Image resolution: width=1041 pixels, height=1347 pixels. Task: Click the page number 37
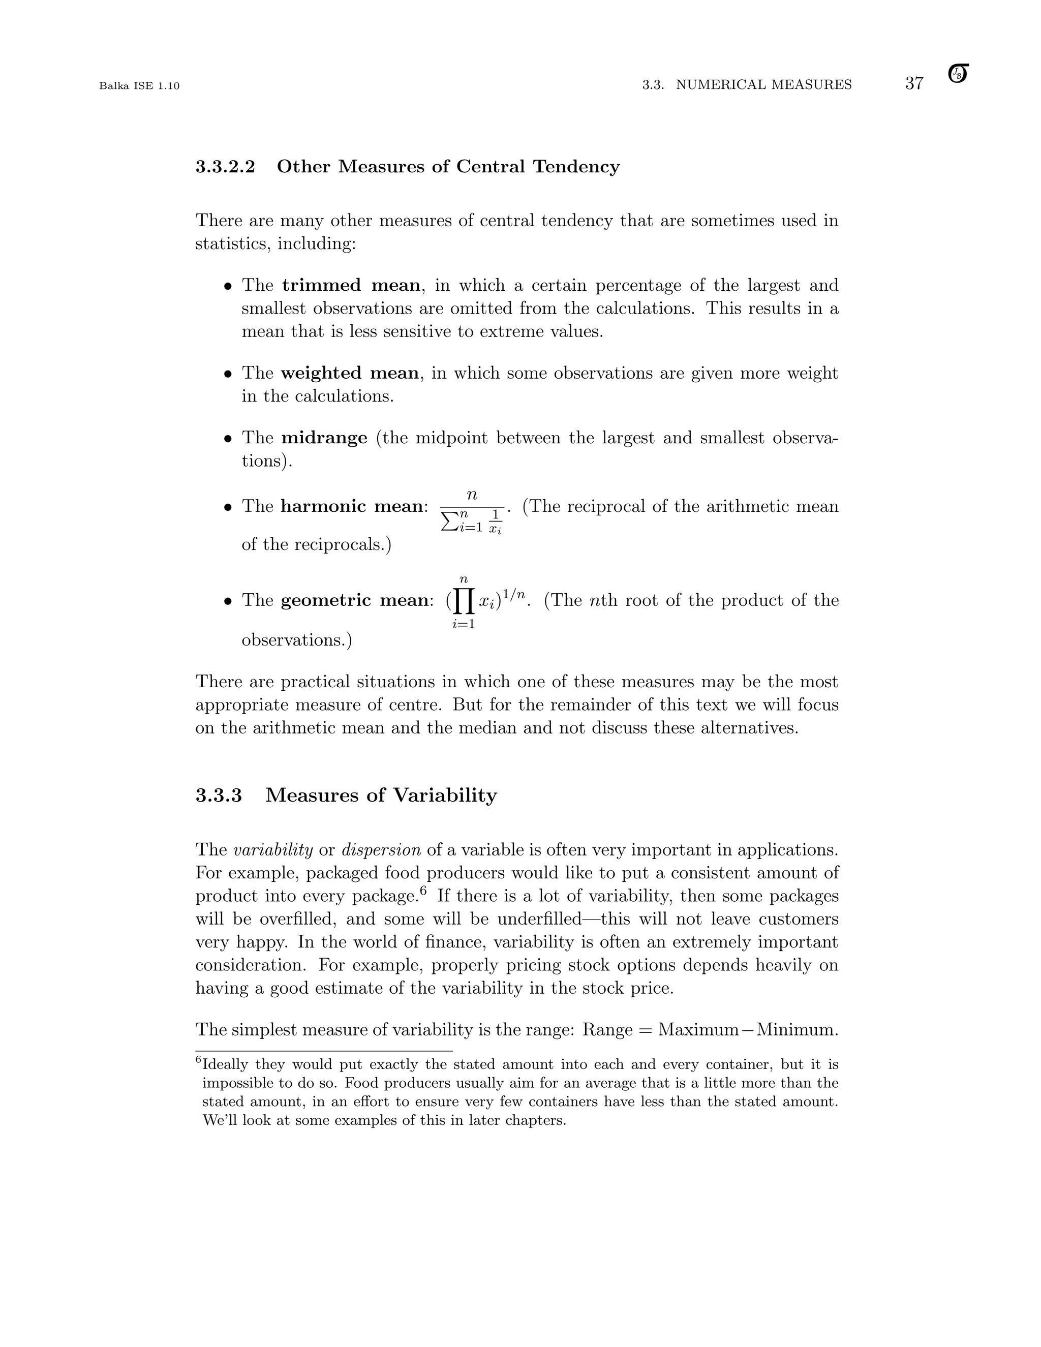click(914, 83)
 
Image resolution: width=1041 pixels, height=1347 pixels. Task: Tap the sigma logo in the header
click(958, 74)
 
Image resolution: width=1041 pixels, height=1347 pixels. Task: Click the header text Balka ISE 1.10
click(139, 86)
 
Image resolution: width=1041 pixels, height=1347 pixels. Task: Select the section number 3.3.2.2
click(225, 167)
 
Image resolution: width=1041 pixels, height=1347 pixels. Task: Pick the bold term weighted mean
click(349, 373)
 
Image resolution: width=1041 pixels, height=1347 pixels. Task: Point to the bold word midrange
click(324, 438)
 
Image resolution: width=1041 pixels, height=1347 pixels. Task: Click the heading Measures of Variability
click(381, 795)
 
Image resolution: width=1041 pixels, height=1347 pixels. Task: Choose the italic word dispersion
click(381, 850)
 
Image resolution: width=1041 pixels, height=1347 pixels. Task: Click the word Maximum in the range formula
click(698, 1030)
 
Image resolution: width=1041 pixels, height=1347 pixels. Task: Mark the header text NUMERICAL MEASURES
click(763, 84)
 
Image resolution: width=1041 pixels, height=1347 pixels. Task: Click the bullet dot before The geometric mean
click(228, 601)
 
